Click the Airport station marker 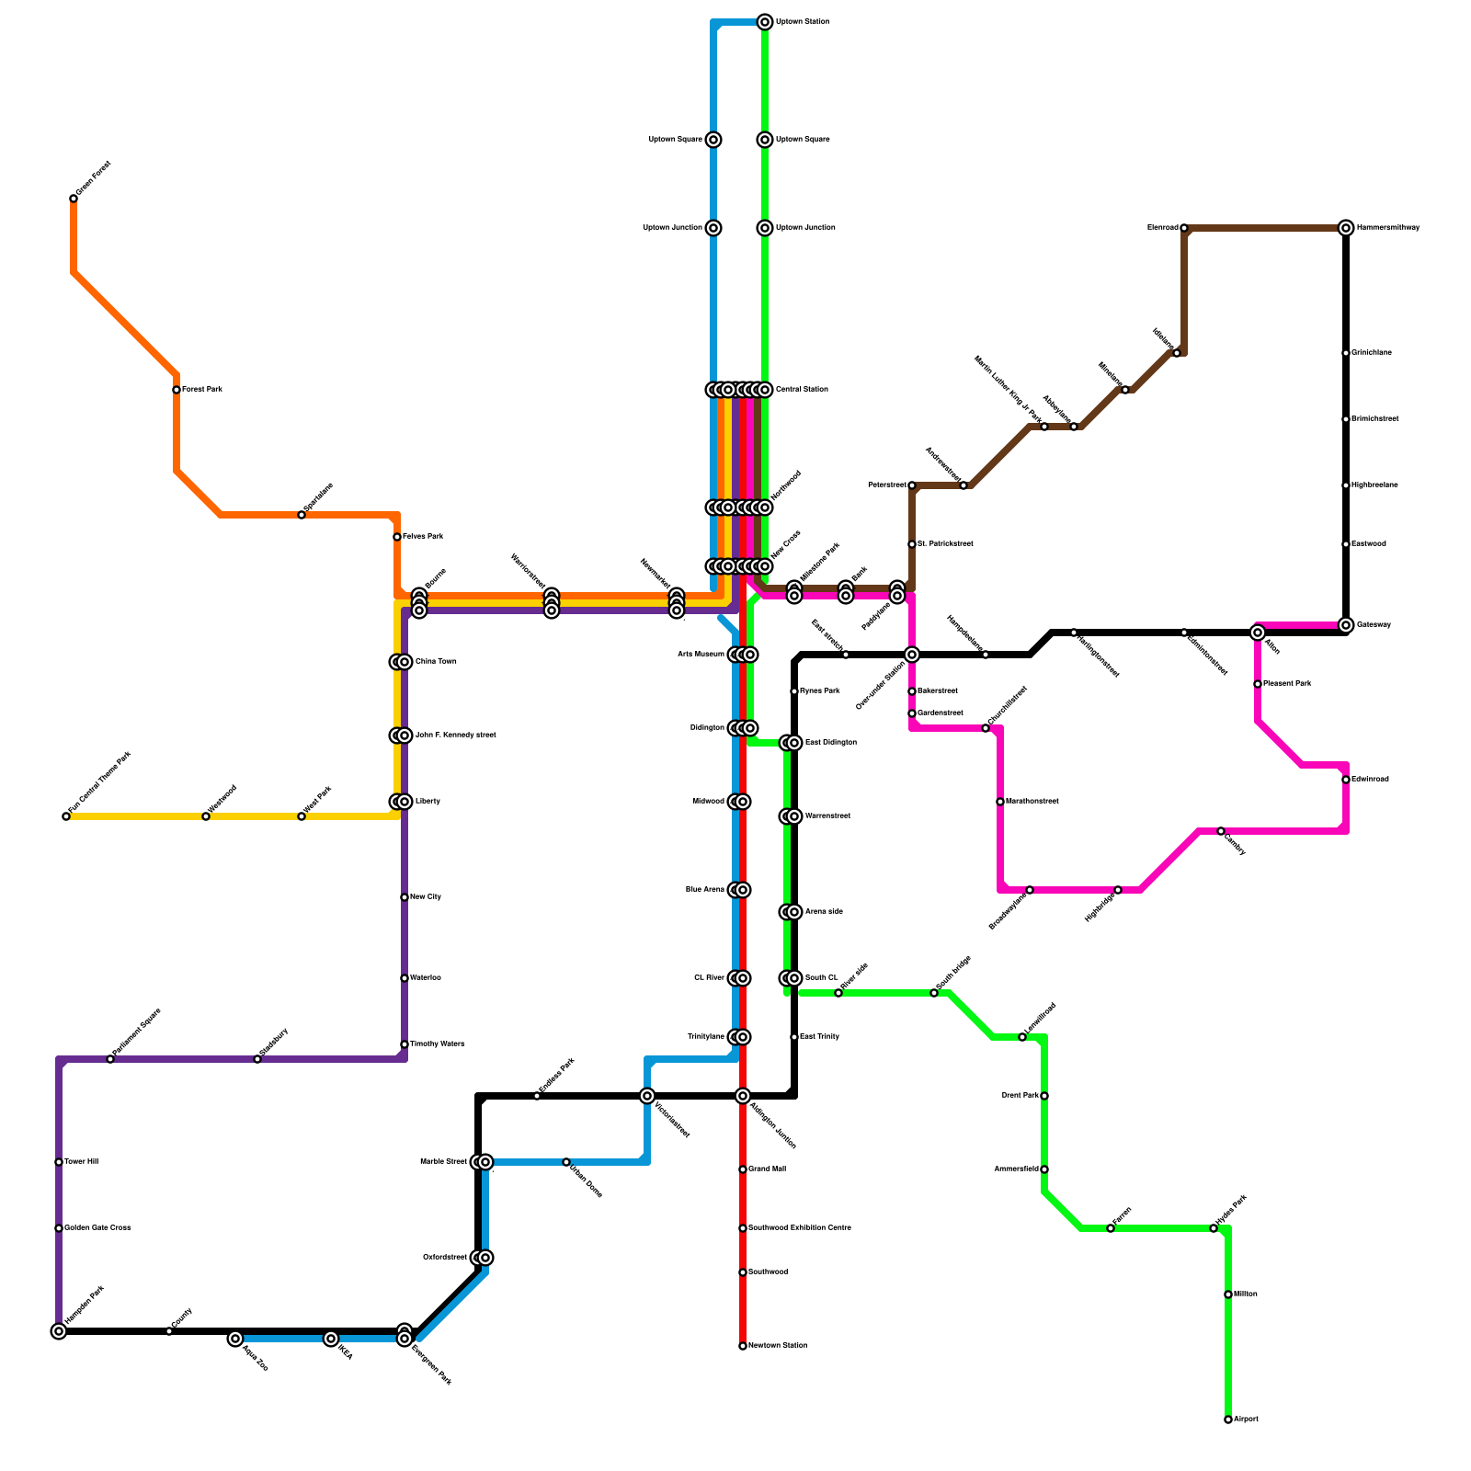point(1228,1420)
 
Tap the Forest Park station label point(202,390)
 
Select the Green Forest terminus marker point(74,199)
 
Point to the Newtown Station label point(778,1346)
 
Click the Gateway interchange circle point(1346,625)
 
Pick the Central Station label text point(802,390)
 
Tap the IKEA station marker point(331,1339)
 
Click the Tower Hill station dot point(59,1162)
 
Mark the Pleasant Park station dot point(1258,684)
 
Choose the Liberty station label point(428,802)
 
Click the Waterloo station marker point(405,978)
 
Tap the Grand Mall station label point(768,1169)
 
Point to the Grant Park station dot point(1044,1096)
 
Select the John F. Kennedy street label point(455,735)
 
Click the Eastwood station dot point(1346,544)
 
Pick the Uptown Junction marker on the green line point(765,228)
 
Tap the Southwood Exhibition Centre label point(800,1228)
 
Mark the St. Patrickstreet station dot point(912,544)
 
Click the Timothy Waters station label point(437,1044)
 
